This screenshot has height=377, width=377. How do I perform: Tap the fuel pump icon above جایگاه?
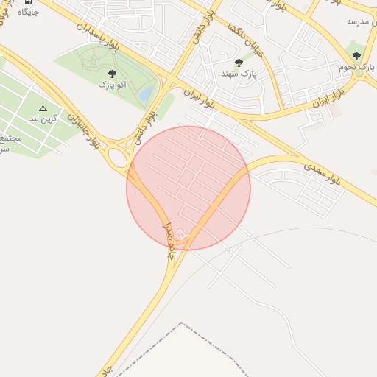[x=28, y=2]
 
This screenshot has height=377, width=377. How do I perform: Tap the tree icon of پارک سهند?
[x=238, y=63]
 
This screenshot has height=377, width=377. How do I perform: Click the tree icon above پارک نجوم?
[x=357, y=56]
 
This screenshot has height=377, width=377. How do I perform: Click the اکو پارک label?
[x=113, y=85]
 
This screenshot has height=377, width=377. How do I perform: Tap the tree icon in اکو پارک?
[x=112, y=73]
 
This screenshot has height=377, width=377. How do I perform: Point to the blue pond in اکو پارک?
[x=147, y=93]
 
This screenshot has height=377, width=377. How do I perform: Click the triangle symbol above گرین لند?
[x=43, y=108]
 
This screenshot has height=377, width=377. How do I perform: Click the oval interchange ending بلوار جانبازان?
[x=118, y=158]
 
